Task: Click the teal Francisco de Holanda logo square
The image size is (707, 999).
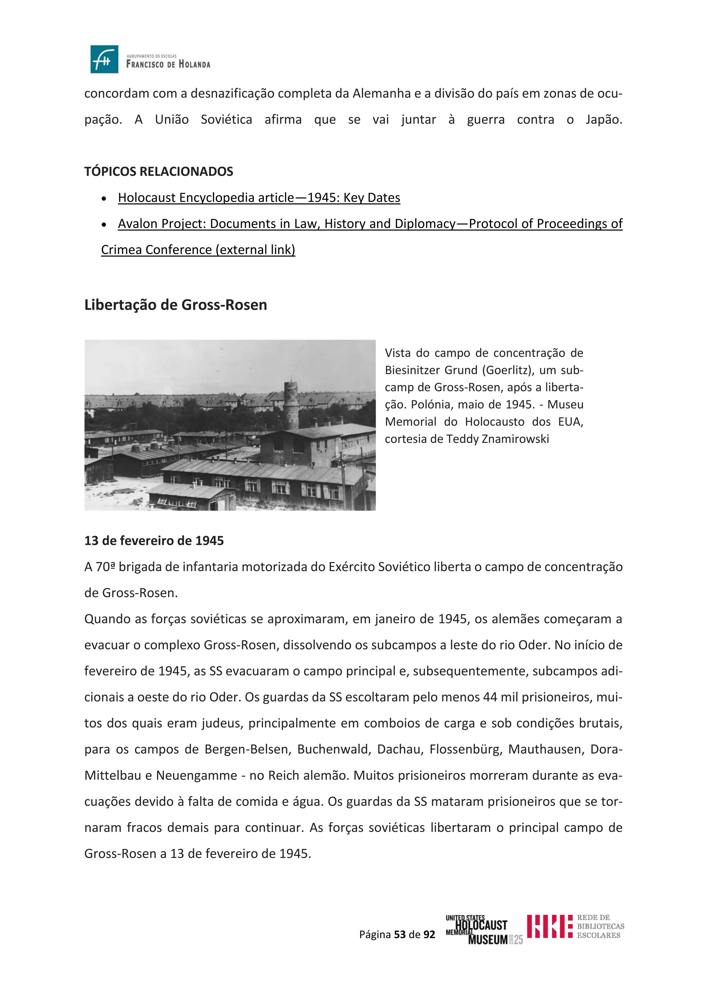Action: pyautogui.click(x=104, y=59)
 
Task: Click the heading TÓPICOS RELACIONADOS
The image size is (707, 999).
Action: pyautogui.click(x=158, y=171)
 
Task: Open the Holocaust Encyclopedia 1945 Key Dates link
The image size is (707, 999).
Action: pyautogui.click(x=259, y=198)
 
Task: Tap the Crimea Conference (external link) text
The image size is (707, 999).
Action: pyautogui.click(x=198, y=250)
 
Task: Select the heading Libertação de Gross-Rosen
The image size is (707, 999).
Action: pyautogui.click(x=175, y=305)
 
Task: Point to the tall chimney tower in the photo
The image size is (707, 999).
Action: pyautogui.click(x=291, y=405)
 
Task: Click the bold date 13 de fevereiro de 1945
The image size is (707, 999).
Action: pyautogui.click(x=154, y=541)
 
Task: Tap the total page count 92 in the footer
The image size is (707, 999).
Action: pyautogui.click(x=429, y=934)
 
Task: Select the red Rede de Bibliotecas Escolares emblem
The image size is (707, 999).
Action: pyautogui.click(x=549, y=927)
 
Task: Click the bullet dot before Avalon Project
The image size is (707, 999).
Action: pyautogui.click(x=104, y=225)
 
